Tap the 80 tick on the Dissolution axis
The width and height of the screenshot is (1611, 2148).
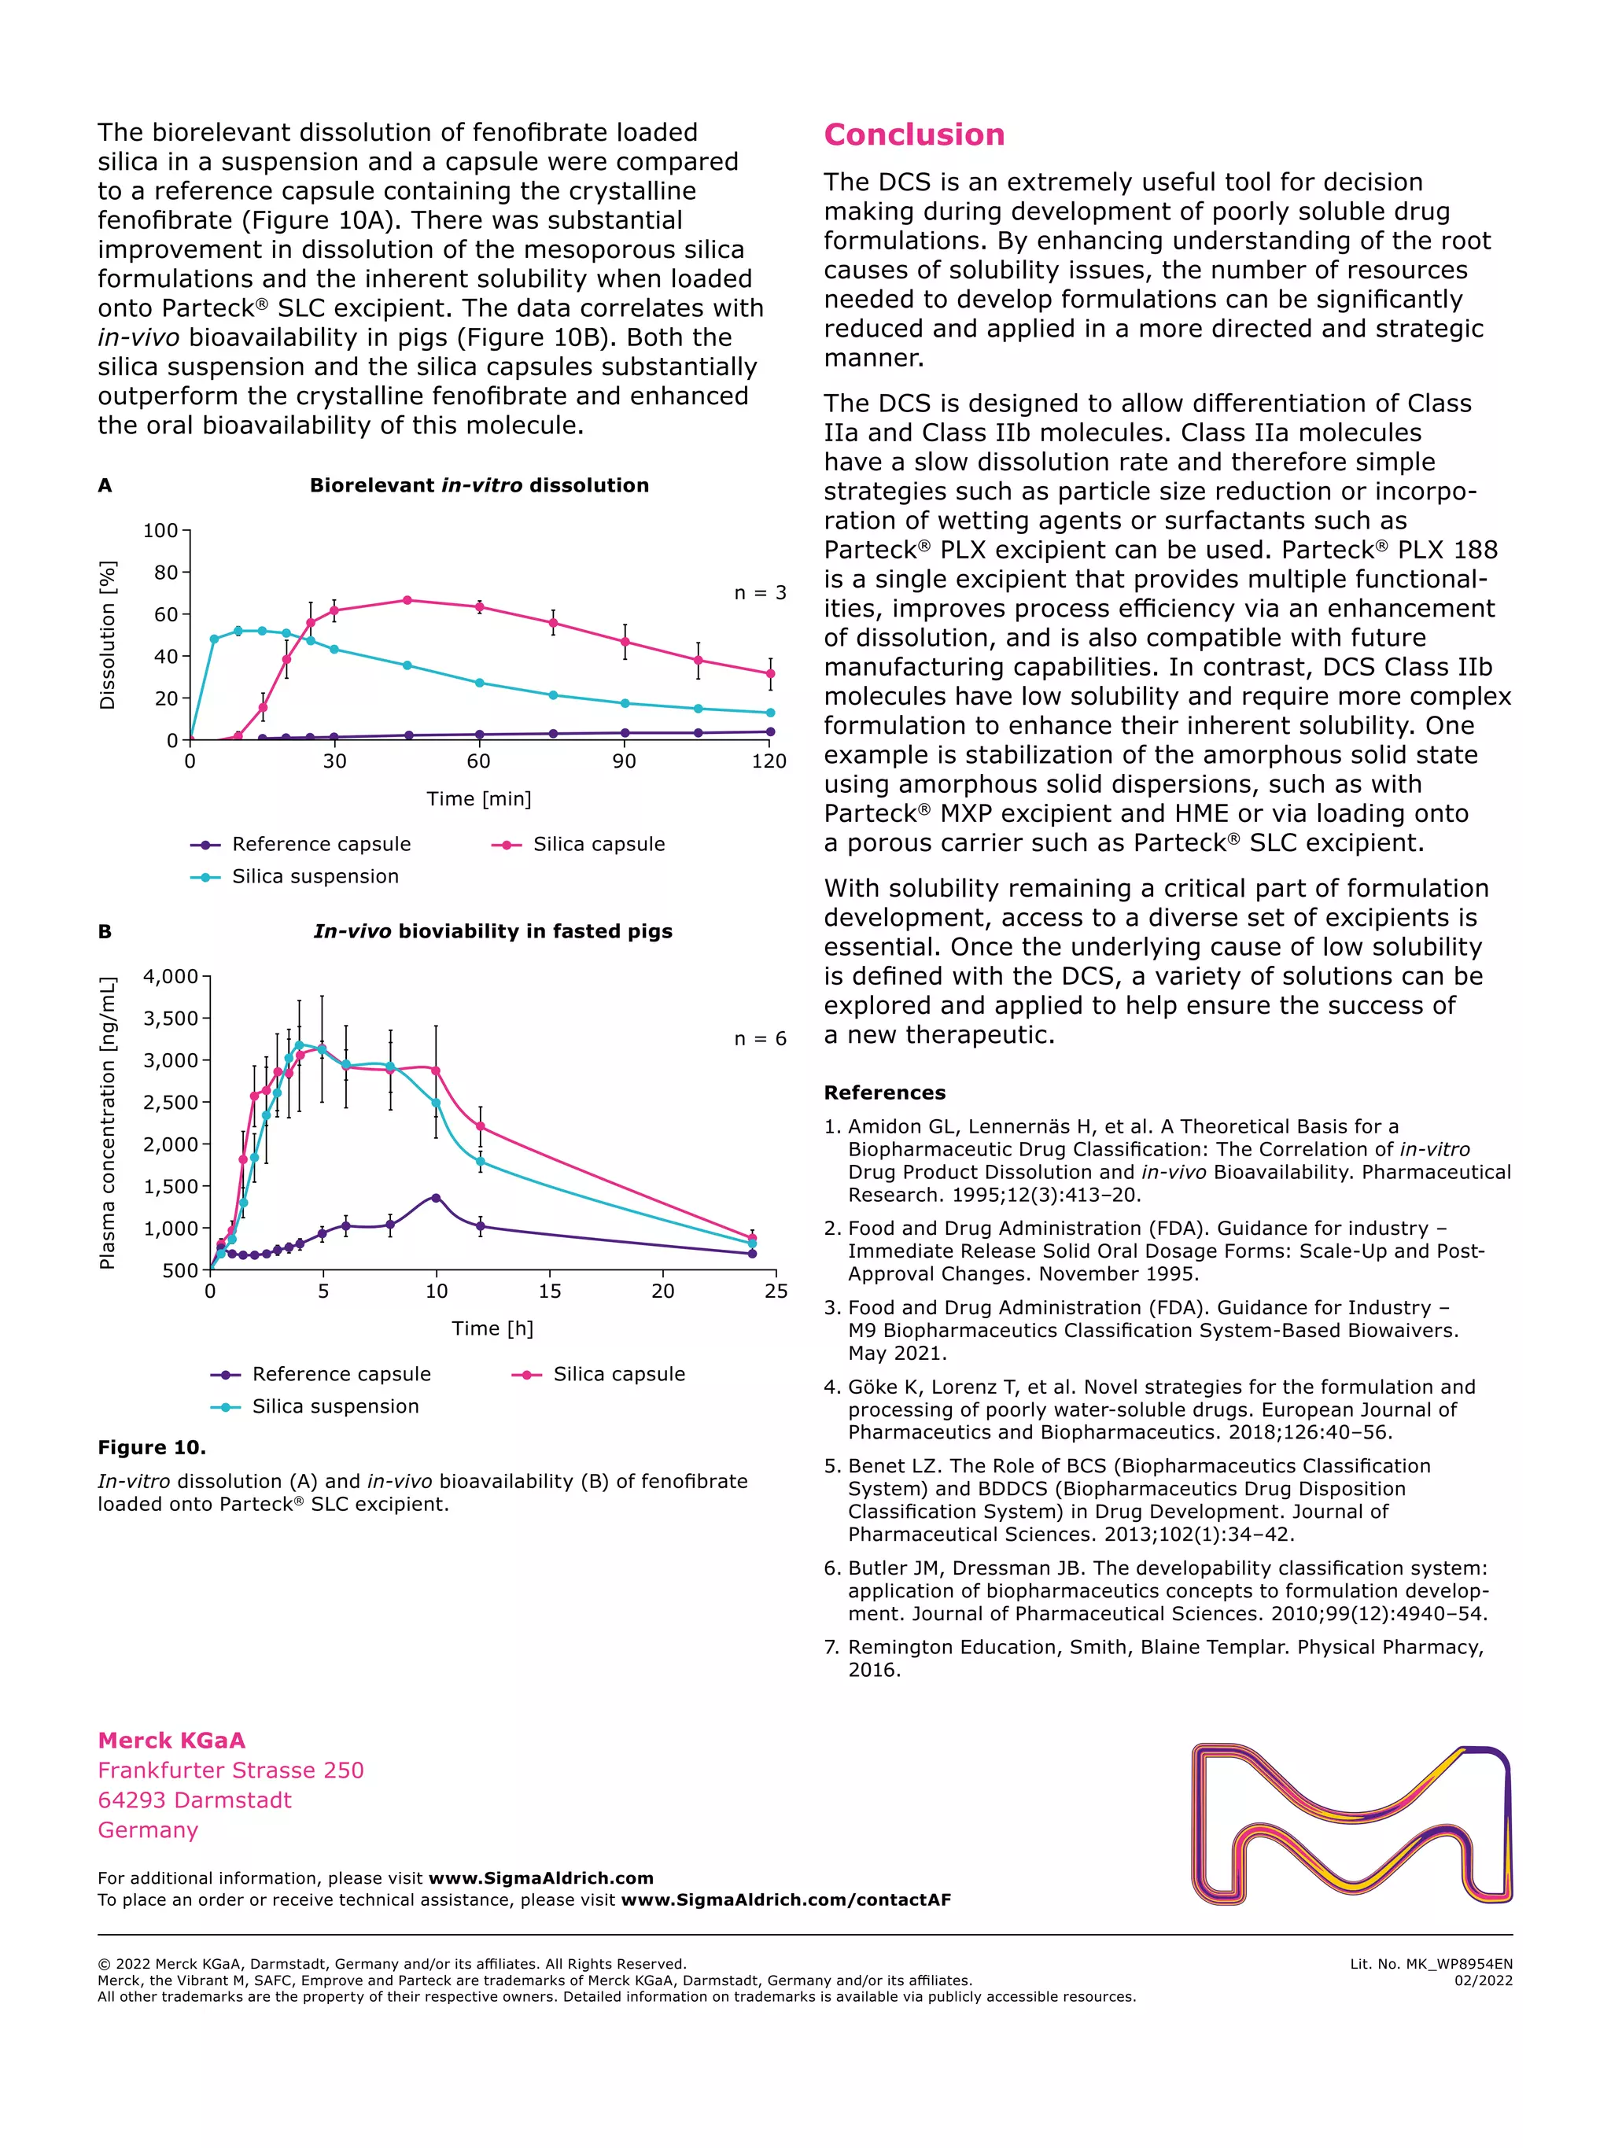point(166,573)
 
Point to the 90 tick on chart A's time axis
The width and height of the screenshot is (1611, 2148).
point(625,761)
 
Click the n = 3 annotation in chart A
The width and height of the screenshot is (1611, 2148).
point(759,592)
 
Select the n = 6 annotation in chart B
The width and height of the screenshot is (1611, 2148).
point(759,1038)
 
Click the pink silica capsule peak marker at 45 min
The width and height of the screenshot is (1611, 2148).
point(407,600)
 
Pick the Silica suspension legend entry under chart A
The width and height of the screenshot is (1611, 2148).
point(314,876)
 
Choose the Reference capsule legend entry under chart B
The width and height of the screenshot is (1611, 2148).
point(340,1373)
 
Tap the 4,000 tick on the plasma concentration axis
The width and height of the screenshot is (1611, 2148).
point(171,976)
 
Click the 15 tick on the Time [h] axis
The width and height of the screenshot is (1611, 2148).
point(550,1291)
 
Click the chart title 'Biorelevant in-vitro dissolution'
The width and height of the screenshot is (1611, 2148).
point(479,485)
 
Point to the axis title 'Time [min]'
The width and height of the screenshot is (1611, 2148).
point(479,798)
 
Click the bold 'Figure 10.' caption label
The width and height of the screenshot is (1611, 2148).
point(152,1447)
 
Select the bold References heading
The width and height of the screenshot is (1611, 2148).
point(883,1092)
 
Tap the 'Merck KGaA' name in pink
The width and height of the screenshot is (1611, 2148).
point(171,1740)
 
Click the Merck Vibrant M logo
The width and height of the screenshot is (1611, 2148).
point(1351,1824)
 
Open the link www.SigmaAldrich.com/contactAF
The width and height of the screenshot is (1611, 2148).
point(786,1900)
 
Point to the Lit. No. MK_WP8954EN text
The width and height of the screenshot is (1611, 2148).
point(1430,1963)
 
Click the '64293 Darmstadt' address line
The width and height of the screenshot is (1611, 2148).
point(194,1800)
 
